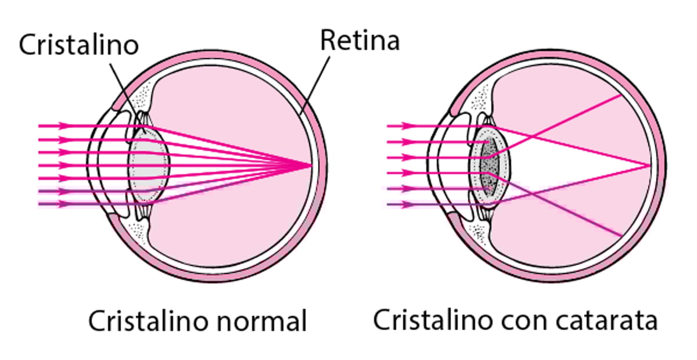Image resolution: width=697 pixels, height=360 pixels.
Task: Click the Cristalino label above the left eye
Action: pyautogui.click(x=78, y=45)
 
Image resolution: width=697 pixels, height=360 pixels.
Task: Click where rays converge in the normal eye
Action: pyautogui.click(x=311, y=165)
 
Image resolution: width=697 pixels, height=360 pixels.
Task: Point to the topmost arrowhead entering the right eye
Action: pyautogui.click(x=410, y=125)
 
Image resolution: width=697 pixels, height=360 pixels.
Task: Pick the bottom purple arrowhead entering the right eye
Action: pyautogui.click(x=410, y=204)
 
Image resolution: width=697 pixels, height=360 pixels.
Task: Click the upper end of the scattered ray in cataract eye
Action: pyautogui.click(x=621, y=95)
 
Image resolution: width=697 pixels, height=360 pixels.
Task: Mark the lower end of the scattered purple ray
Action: pyautogui.click(x=621, y=235)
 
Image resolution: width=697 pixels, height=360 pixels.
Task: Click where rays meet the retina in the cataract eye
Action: pyautogui.click(x=649, y=165)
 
